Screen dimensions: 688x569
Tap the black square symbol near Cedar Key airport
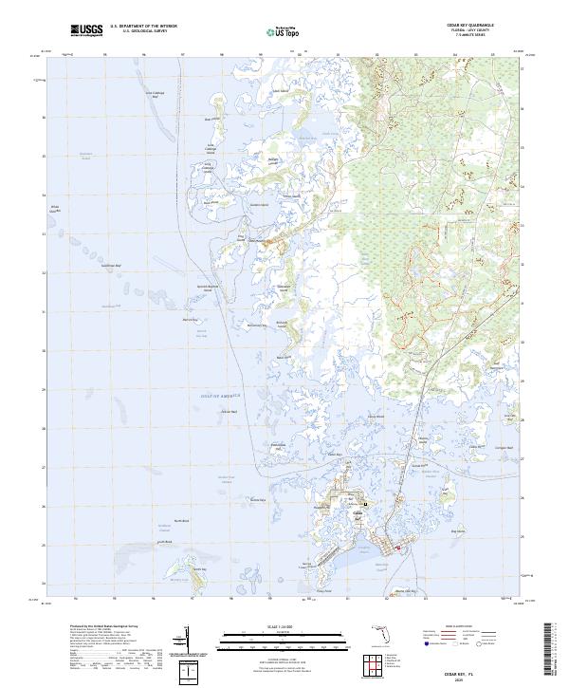coord(366,503)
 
